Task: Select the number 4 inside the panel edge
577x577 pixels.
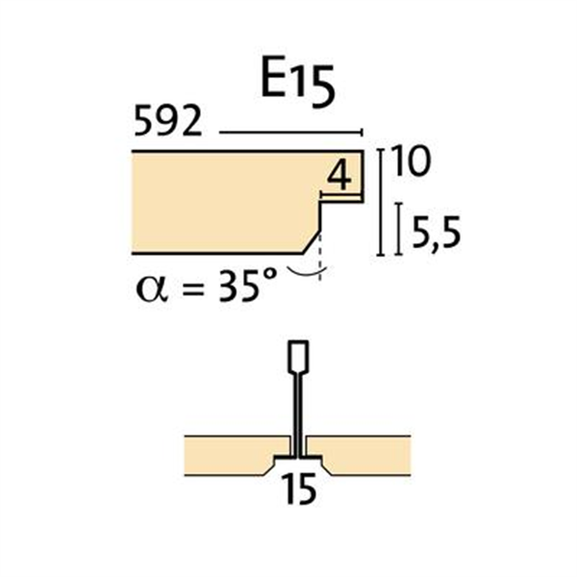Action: pyautogui.click(x=339, y=176)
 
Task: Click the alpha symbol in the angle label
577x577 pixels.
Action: pyautogui.click(x=149, y=288)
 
